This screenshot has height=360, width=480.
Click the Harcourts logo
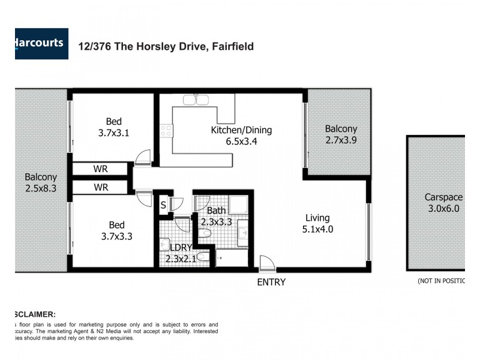tap(41, 44)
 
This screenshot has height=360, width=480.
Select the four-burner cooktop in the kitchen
tap(166, 131)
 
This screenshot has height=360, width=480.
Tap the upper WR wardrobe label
tap(101, 169)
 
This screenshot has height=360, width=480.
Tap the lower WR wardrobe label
tap(101, 188)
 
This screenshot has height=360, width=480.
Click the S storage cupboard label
tap(163, 205)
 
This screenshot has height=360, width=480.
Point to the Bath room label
tap(216, 211)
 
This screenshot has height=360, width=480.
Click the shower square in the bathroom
tap(238, 205)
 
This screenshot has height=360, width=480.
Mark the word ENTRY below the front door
tap(271, 282)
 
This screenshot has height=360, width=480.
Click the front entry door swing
tap(265, 262)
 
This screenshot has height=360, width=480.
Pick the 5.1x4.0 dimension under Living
tap(317, 229)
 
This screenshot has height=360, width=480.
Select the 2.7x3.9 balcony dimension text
tap(341, 140)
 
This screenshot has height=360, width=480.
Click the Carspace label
tap(443, 197)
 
